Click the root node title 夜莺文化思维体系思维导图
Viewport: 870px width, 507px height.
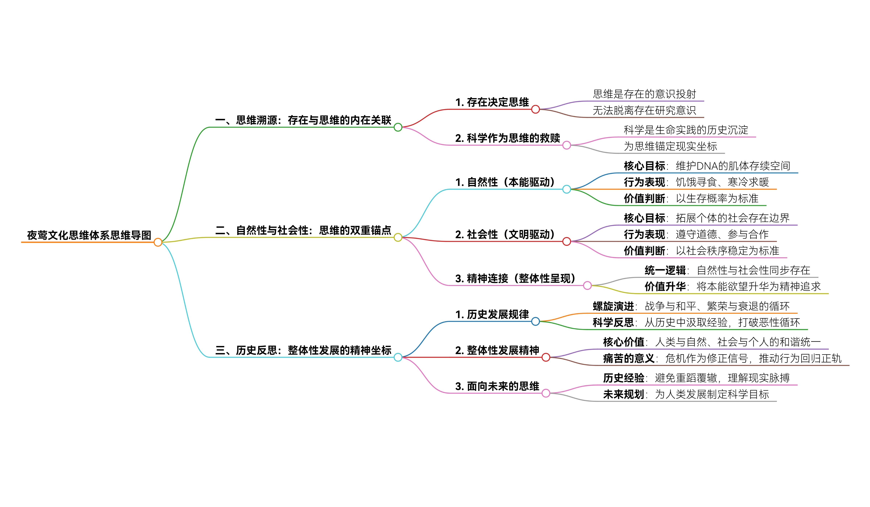coord(89,235)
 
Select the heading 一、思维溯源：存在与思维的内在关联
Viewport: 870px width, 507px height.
coord(303,120)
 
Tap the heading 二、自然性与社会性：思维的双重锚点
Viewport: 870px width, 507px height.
coord(303,230)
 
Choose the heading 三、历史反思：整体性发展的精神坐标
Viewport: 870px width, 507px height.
coord(303,350)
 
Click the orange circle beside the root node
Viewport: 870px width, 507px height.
coord(158,242)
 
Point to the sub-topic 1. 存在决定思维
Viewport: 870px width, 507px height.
coord(492,102)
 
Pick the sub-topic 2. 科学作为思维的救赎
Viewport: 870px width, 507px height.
coord(508,138)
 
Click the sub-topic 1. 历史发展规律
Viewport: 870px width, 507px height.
coord(492,314)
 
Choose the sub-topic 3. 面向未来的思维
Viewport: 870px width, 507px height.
coord(497,386)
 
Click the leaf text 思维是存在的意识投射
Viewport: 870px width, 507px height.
coord(644,94)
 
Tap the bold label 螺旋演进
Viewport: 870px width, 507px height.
coord(613,306)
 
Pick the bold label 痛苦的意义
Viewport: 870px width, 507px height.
coord(629,358)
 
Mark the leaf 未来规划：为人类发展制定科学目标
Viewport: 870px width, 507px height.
coord(686,394)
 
